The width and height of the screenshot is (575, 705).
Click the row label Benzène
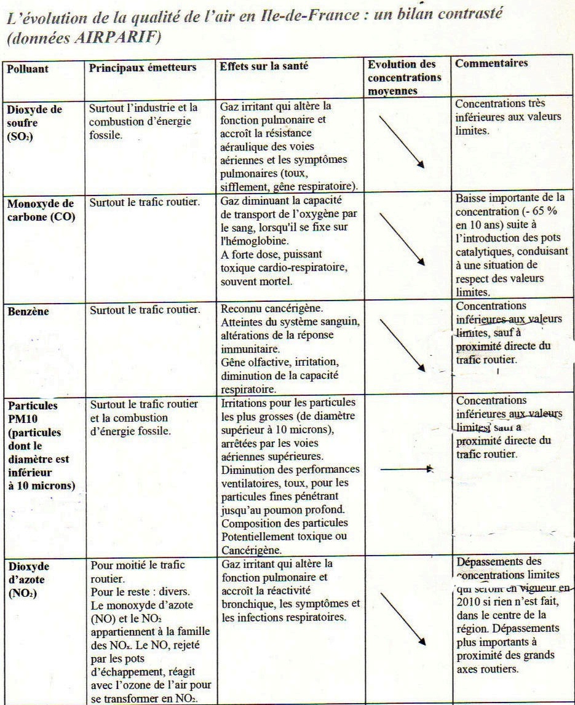click(28, 311)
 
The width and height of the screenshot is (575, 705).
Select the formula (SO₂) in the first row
click(21, 138)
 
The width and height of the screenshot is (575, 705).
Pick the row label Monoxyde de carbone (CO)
click(41, 211)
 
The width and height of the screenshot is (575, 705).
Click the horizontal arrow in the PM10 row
click(407, 469)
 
